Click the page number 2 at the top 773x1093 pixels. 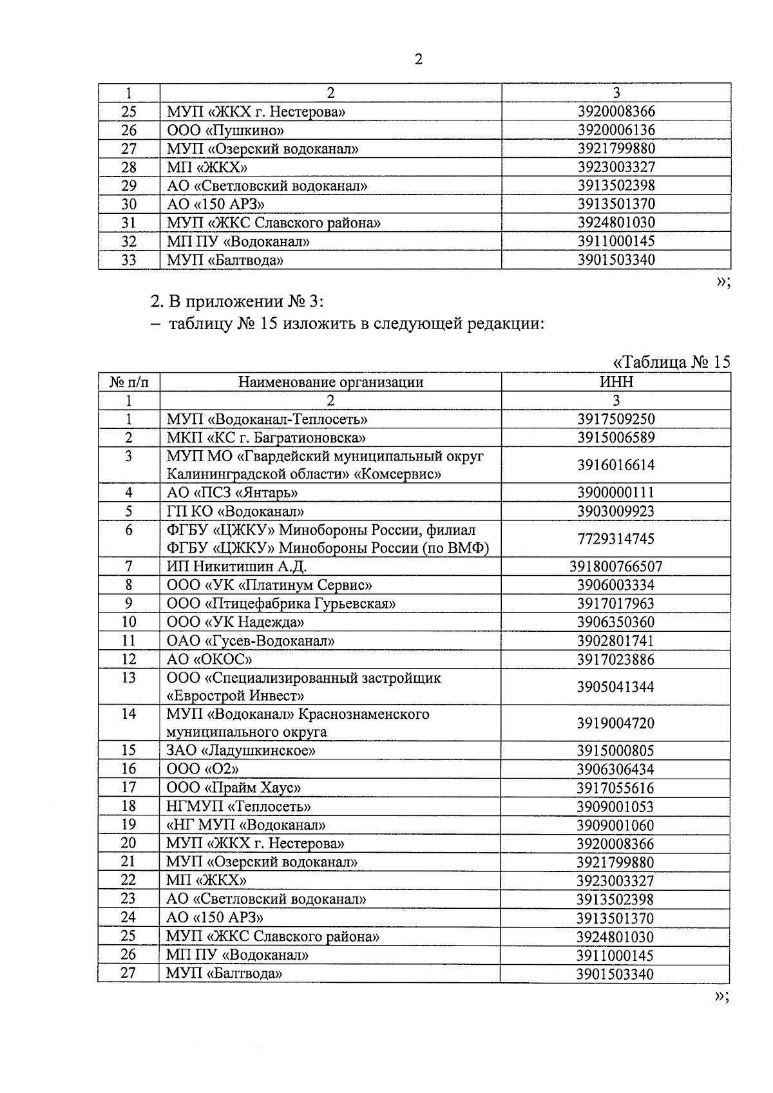[x=419, y=60]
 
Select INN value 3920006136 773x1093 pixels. [x=616, y=130]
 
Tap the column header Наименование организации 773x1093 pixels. [x=330, y=382]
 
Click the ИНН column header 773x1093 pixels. [x=616, y=382]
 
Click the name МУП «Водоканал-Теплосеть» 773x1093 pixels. [x=267, y=419]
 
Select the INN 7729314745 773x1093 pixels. [x=616, y=538]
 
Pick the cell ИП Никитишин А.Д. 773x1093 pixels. [x=236, y=567]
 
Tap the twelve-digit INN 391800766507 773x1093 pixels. [x=616, y=567]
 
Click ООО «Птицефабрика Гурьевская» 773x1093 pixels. [x=281, y=604]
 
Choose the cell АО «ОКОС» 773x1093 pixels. [x=209, y=660]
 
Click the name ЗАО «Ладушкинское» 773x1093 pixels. [x=241, y=751]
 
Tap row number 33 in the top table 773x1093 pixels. [x=129, y=260]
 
